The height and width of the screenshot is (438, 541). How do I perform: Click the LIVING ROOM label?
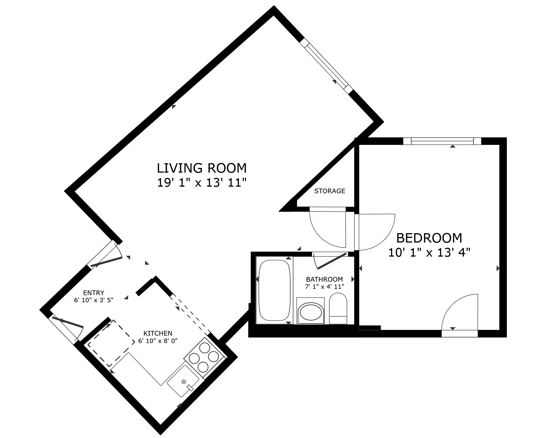201,168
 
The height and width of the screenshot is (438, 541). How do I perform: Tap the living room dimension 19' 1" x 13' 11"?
201,183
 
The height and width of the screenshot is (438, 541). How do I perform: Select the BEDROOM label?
429,238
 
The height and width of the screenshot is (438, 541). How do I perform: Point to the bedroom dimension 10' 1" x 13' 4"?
429,252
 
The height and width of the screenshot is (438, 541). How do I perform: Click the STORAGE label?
330,191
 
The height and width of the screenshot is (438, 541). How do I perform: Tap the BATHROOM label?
324,279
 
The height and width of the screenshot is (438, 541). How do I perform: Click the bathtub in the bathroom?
274,290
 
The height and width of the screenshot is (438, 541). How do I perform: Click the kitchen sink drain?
184,382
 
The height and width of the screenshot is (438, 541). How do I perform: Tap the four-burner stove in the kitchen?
204,357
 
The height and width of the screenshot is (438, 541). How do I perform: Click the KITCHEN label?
158,333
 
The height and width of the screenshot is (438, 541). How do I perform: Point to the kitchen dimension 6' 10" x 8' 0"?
158,341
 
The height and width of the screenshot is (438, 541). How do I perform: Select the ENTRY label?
94,293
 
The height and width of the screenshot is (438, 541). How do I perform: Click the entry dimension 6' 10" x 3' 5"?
94,300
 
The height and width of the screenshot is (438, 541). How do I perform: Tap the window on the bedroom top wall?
442,141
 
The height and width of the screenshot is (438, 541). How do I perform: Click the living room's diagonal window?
326,66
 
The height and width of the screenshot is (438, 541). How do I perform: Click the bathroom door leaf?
331,261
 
